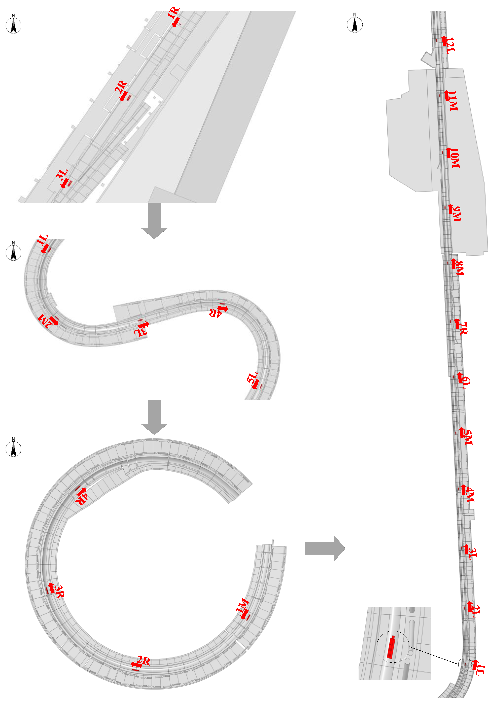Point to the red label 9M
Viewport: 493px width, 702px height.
pyautogui.click(x=457, y=214)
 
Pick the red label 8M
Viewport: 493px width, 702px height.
pyautogui.click(x=459, y=269)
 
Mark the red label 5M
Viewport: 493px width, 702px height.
pyautogui.click(x=468, y=437)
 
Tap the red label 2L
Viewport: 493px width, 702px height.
pyautogui.click(x=476, y=611)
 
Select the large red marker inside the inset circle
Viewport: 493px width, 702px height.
pyautogui.click(x=391, y=647)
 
